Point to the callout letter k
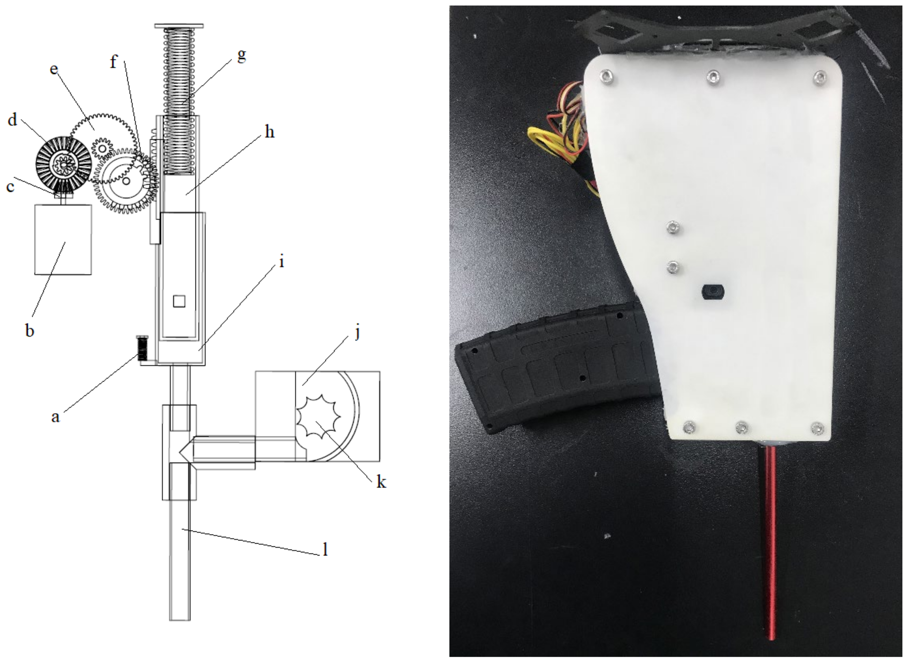381,482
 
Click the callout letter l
326,550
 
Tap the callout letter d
12,119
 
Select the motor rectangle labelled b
63,239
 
